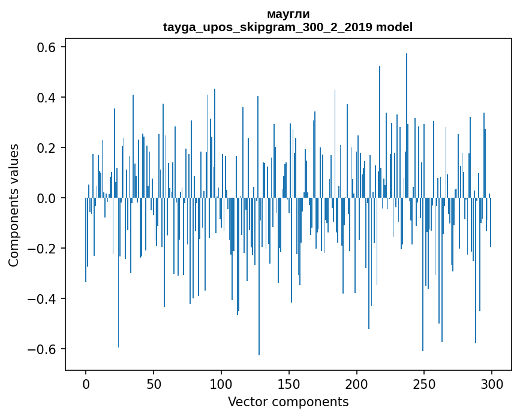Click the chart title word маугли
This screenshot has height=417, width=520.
click(x=288, y=14)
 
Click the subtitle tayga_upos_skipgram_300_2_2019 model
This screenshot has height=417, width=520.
click(x=288, y=27)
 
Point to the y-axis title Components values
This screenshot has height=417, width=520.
click(x=13, y=205)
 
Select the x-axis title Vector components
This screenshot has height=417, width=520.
click(x=288, y=401)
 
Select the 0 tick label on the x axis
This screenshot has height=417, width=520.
click(x=86, y=383)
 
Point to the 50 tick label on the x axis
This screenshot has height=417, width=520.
click(x=154, y=383)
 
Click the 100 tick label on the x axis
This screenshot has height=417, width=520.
click(x=221, y=383)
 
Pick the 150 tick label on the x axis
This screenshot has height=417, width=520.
click(x=289, y=383)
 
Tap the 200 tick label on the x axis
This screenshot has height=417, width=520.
click(x=357, y=383)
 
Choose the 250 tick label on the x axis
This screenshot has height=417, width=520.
click(x=425, y=383)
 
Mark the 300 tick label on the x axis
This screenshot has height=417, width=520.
click(x=492, y=383)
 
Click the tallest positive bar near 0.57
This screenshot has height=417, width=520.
click(x=407, y=120)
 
